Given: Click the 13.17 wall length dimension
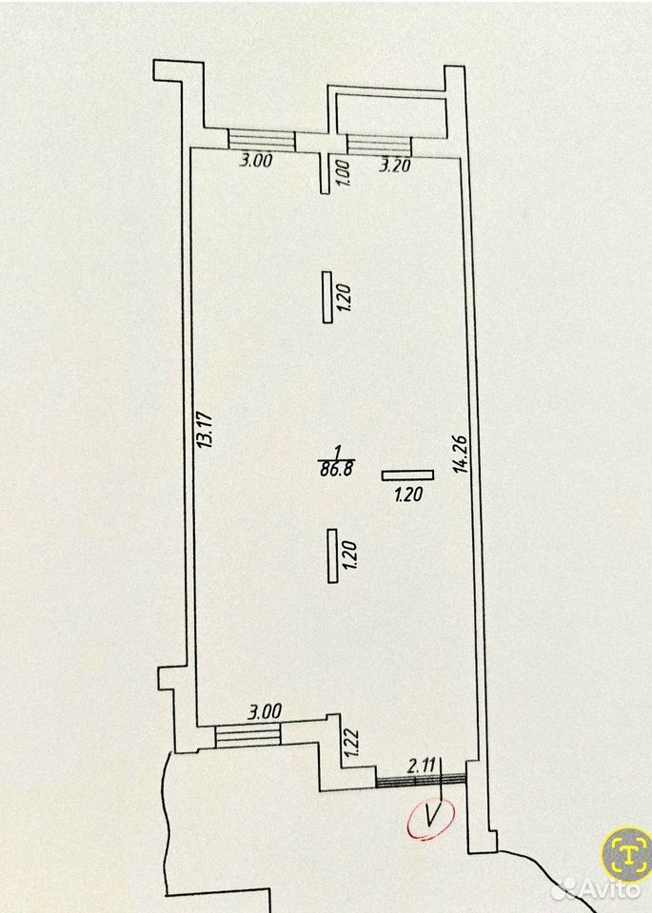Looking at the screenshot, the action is coord(205,430).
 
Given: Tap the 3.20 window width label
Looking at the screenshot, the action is coord(395,165).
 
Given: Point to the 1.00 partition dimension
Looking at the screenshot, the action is coord(345,173).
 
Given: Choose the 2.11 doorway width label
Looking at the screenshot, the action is coord(422,766).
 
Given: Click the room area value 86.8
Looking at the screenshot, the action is coord(337,469).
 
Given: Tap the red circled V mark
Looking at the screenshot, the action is coord(430,819).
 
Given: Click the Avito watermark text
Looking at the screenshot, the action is coord(604,890).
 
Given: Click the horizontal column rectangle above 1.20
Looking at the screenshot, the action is coord(408,476).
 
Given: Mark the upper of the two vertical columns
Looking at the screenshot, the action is coord(327,297).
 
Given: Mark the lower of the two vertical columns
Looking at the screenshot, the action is coord(333,555).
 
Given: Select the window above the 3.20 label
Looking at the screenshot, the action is coord(380,145).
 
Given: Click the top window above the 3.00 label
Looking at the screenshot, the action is coord(262,140).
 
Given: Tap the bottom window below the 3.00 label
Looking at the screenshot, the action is coord(248,735).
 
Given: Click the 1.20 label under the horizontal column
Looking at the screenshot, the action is coord(408,495).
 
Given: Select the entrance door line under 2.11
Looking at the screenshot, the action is coord(422,781).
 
